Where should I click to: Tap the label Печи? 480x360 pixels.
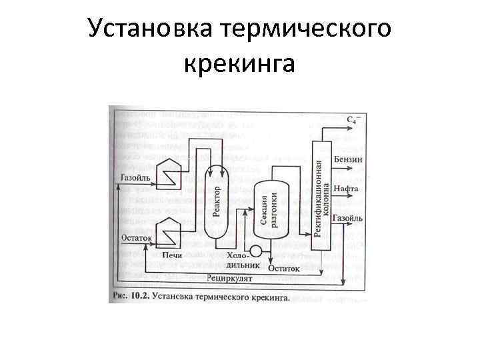click(x=172, y=255)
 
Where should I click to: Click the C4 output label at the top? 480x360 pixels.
click(x=354, y=120)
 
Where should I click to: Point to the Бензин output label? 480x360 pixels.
click(x=348, y=160)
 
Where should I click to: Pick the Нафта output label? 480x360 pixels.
click(x=347, y=189)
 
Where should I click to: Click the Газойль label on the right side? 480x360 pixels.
click(x=348, y=218)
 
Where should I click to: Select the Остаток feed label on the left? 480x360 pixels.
click(x=137, y=237)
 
